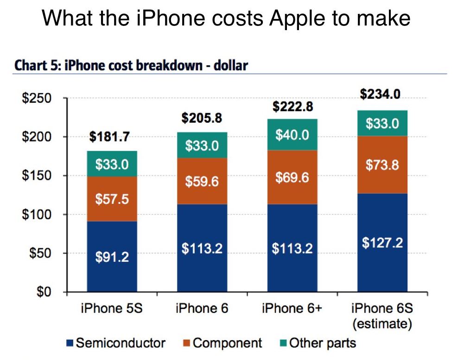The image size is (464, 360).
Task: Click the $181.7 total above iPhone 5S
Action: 110,137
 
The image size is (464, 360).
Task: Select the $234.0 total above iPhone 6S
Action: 380,95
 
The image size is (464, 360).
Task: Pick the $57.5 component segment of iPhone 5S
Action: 112,200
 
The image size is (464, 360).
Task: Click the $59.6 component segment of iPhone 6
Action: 202,181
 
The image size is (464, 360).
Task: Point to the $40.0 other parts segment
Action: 292,135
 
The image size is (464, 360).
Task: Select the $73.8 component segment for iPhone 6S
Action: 382,165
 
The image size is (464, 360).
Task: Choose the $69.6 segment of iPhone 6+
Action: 292,177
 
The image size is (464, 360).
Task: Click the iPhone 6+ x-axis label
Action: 292,308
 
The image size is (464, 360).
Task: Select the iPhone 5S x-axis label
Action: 112,308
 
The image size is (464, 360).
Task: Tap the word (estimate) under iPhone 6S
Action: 382,324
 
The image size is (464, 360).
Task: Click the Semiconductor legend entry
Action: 116,343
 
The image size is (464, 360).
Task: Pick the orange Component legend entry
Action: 222,343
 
